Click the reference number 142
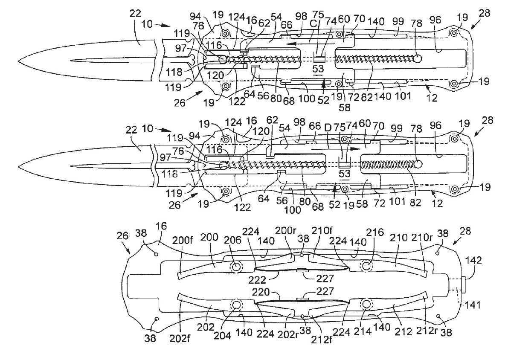point(473,260)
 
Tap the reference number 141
point(473,305)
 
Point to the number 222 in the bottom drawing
point(258,279)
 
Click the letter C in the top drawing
point(314,24)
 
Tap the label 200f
point(183,240)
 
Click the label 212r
point(425,331)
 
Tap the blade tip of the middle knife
point(18,166)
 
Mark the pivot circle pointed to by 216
point(367,266)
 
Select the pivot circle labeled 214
point(367,304)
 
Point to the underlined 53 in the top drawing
point(319,69)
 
